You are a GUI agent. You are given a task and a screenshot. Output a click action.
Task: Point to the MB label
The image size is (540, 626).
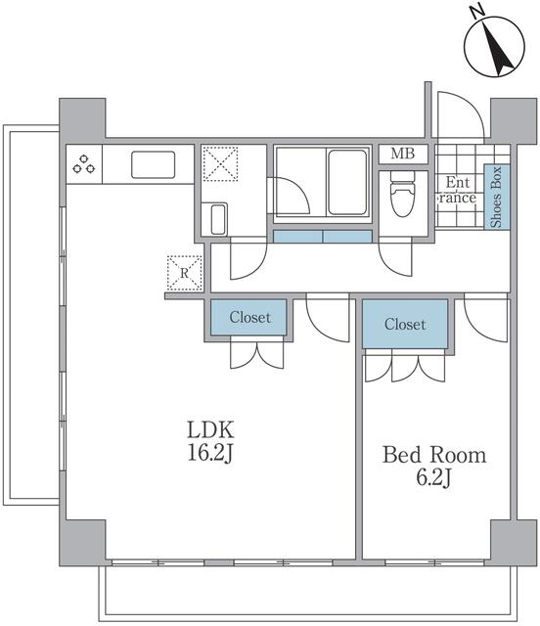403,154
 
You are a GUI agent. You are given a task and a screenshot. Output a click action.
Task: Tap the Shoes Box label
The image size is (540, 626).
496,198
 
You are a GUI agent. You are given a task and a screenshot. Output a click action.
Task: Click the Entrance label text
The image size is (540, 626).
456,190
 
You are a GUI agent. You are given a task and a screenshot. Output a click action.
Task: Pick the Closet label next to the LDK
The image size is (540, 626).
249,317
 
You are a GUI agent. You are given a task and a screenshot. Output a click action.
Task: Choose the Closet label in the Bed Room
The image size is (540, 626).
405,324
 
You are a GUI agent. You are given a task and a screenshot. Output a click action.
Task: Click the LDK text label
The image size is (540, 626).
212,429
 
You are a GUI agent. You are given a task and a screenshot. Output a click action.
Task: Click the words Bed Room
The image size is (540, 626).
433,456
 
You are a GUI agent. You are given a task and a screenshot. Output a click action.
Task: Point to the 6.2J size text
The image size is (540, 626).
433,479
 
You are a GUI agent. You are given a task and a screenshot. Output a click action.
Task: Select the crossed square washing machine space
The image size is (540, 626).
220,163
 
